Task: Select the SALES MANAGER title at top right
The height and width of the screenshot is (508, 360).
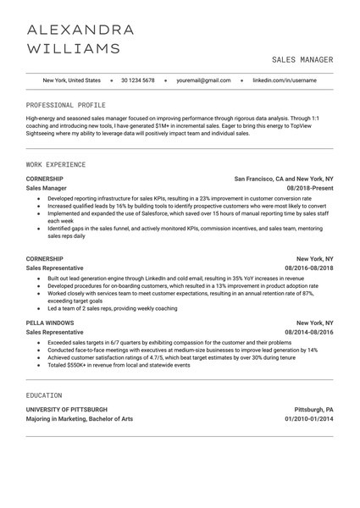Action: point(302,60)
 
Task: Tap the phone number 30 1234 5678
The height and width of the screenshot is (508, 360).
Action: point(138,80)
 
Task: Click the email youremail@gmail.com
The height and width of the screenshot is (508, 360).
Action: point(203,80)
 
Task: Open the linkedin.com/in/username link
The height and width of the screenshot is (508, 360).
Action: point(285,80)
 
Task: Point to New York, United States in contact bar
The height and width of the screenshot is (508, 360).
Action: point(71,80)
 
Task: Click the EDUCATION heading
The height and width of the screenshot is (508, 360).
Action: point(44,395)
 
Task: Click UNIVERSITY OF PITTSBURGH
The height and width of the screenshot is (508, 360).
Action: point(67,409)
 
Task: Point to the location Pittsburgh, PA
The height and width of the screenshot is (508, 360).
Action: point(313,409)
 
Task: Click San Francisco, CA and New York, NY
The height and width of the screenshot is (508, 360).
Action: point(284,179)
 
